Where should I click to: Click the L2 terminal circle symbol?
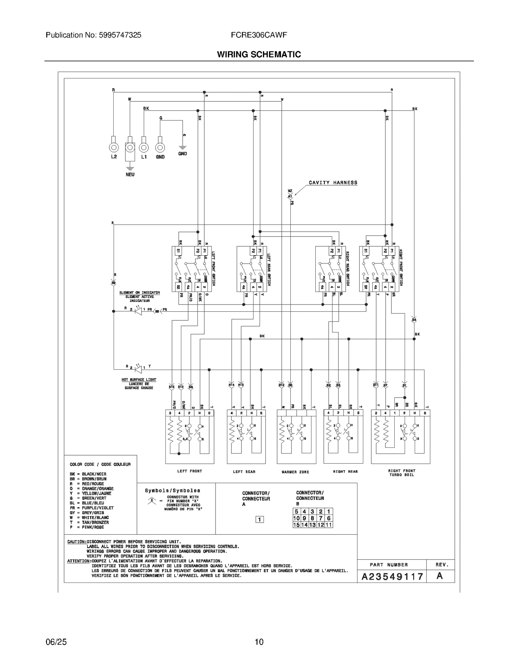pos(114,148)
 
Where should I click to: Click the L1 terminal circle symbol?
pos(144,148)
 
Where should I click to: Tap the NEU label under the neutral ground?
pos(130,175)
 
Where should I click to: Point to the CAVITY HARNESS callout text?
pos(333,183)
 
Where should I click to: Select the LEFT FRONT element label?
pos(189,471)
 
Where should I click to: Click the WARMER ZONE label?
pos(295,472)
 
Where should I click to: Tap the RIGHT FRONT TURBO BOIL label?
pos(401,473)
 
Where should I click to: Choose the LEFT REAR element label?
pos(244,472)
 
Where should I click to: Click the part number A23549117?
pos(392,577)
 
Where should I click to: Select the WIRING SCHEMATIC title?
pos(259,54)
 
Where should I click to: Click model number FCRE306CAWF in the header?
pos(259,35)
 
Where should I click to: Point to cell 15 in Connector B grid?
pos(296,525)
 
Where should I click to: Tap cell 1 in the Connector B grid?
pos(329,512)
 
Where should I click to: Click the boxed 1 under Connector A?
pos(259,520)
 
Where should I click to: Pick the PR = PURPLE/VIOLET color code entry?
pos(92,508)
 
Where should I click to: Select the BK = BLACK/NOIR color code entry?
pos(88,474)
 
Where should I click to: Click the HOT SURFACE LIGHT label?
pos(139,380)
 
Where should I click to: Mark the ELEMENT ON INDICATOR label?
pos(140,293)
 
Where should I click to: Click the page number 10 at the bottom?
pos(259,642)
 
